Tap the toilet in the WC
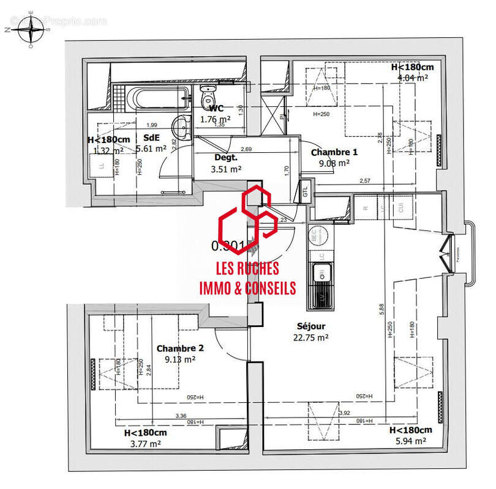click(208, 96)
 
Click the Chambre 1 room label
click(334, 152)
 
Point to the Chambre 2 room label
click(180, 348)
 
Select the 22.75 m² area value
click(311, 337)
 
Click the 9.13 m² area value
click(180, 359)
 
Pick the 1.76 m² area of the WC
click(216, 119)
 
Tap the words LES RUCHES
click(247, 268)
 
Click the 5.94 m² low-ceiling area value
click(411, 441)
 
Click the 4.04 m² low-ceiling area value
click(413, 78)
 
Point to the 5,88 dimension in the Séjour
click(382, 311)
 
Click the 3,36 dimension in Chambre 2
click(180, 416)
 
